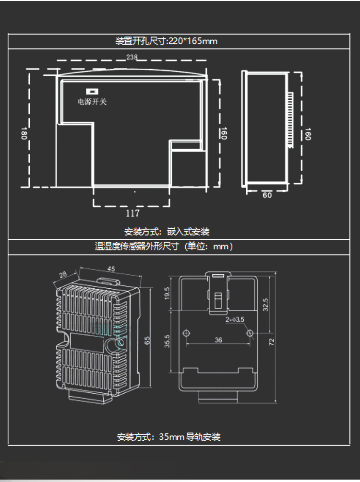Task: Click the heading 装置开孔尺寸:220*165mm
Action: (x=167, y=41)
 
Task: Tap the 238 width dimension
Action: (x=132, y=57)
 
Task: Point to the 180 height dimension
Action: (x=24, y=133)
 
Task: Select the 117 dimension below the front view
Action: (x=132, y=213)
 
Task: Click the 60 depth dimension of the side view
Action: (x=267, y=195)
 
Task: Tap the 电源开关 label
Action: (x=92, y=102)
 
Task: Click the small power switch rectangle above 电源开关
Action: (x=92, y=91)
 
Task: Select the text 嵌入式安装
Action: (x=188, y=232)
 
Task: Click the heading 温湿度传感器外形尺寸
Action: (x=137, y=246)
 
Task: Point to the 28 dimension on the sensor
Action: (x=63, y=274)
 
